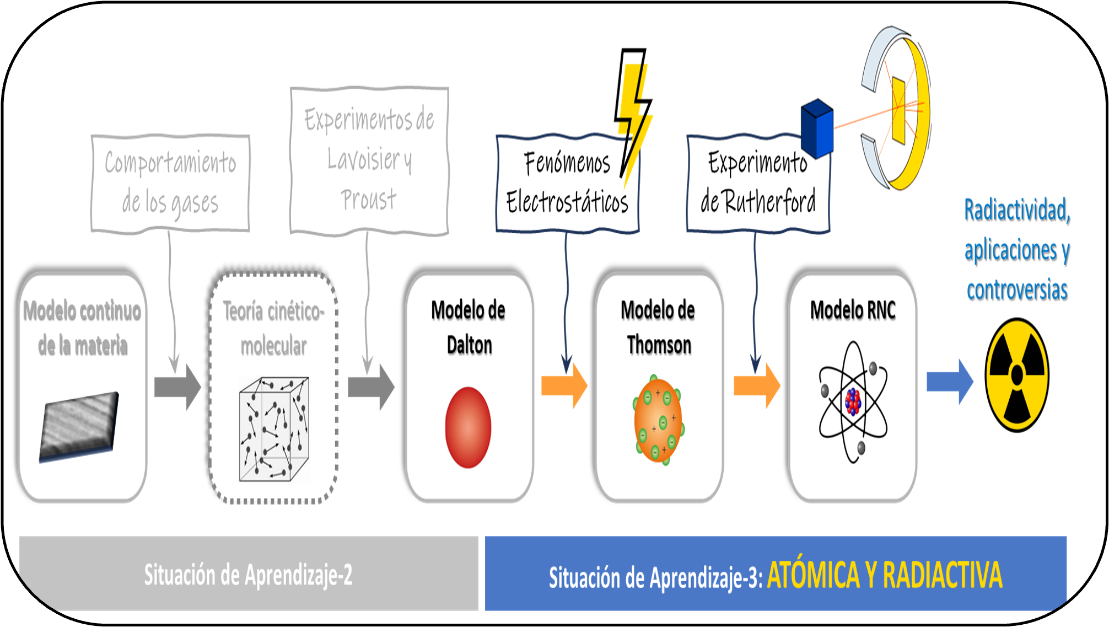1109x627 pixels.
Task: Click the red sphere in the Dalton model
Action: point(468,427)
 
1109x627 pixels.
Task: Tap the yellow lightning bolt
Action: point(635,119)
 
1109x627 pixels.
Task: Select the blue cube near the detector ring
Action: point(817,128)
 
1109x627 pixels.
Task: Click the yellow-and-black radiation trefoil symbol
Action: point(1017,376)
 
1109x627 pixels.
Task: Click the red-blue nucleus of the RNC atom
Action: point(853,401)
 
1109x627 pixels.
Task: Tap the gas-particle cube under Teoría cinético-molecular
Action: point(274,430)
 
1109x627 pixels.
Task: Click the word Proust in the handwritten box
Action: point(368,200)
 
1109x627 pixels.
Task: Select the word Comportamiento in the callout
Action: point(170,163)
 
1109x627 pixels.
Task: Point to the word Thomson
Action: point(659,346)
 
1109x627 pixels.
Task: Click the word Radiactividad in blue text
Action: point(1016,210)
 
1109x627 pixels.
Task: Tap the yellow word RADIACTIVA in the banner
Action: point(942,575)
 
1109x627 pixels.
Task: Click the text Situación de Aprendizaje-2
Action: point(248,575)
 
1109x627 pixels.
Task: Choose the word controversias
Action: point(1016,290)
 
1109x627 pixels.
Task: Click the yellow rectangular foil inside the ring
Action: point(898,110)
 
